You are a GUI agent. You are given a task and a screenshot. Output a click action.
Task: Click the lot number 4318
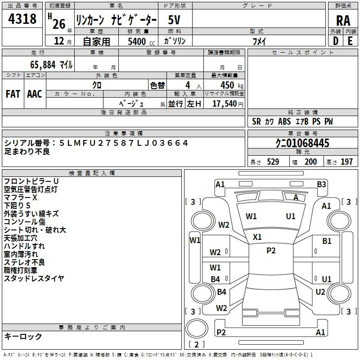click(22, 19)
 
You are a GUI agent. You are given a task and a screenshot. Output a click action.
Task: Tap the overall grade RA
click(343, 21)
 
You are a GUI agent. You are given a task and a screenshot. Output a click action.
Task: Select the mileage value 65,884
click(43, 65)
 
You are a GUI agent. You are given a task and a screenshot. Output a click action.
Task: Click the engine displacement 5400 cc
click(141, 41)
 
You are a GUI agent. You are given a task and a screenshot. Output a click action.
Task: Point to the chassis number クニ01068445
click(302, 143)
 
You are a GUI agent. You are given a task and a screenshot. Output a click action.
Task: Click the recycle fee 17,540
click(224, 104)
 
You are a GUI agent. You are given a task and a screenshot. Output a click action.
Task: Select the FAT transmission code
click(13, 94)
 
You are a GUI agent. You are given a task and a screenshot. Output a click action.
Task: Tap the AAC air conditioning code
click(35, 94)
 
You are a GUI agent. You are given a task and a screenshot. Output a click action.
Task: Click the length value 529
click(273, 162)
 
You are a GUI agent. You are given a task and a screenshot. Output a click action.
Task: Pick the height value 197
click(346, 162)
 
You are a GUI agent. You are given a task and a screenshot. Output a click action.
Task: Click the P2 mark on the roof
click(271, 251)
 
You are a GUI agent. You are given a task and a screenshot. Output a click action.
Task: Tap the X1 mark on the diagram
click(257, 237)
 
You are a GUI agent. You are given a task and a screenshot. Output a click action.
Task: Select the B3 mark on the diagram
click(321, 184)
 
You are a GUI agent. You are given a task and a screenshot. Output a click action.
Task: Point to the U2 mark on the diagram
click(320, 292)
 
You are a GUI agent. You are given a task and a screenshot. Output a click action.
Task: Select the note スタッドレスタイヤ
click(34, 278)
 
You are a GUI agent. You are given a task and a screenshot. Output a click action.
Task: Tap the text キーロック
click(23, 337)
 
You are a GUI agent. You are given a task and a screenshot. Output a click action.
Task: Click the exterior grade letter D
click(335, 41)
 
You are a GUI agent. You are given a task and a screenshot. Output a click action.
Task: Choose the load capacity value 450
click(227, 85)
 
